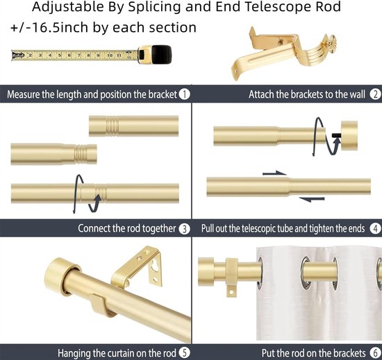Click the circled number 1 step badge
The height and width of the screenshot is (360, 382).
point(185,94)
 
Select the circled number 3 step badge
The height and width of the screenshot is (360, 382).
point(185,229)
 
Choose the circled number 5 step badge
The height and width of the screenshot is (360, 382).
point(184,352)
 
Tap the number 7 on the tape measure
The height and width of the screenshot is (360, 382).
point(79,55)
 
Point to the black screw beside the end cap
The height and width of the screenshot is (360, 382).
point(337,135)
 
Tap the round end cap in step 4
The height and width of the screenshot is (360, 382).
point(349,135)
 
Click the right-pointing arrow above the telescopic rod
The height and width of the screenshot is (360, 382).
point(274,173)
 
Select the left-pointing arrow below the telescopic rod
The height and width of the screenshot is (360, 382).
point(312,200)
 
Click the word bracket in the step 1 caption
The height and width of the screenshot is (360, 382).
point(163,94)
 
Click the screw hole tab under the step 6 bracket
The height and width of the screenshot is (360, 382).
point(231,291)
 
